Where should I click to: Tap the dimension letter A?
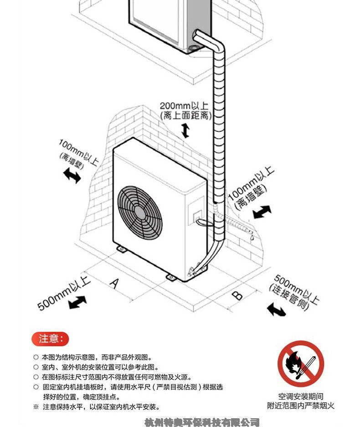click(x=115, y=283)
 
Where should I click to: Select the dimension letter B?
click(x=237, y=295)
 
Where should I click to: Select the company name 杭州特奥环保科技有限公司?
click(x=202, y=422)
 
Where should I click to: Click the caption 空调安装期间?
click(x=301, y=396)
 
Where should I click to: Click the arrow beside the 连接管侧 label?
click(x=276, y=310)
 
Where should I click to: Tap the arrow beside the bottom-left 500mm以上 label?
click(x=78, y=302)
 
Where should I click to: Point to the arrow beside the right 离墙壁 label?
click(x=262, y=212)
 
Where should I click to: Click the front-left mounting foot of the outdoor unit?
click(x=122, y=249)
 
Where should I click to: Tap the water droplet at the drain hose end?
click(x=252, y=238)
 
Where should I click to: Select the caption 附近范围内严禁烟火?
click(x=301, y=405)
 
